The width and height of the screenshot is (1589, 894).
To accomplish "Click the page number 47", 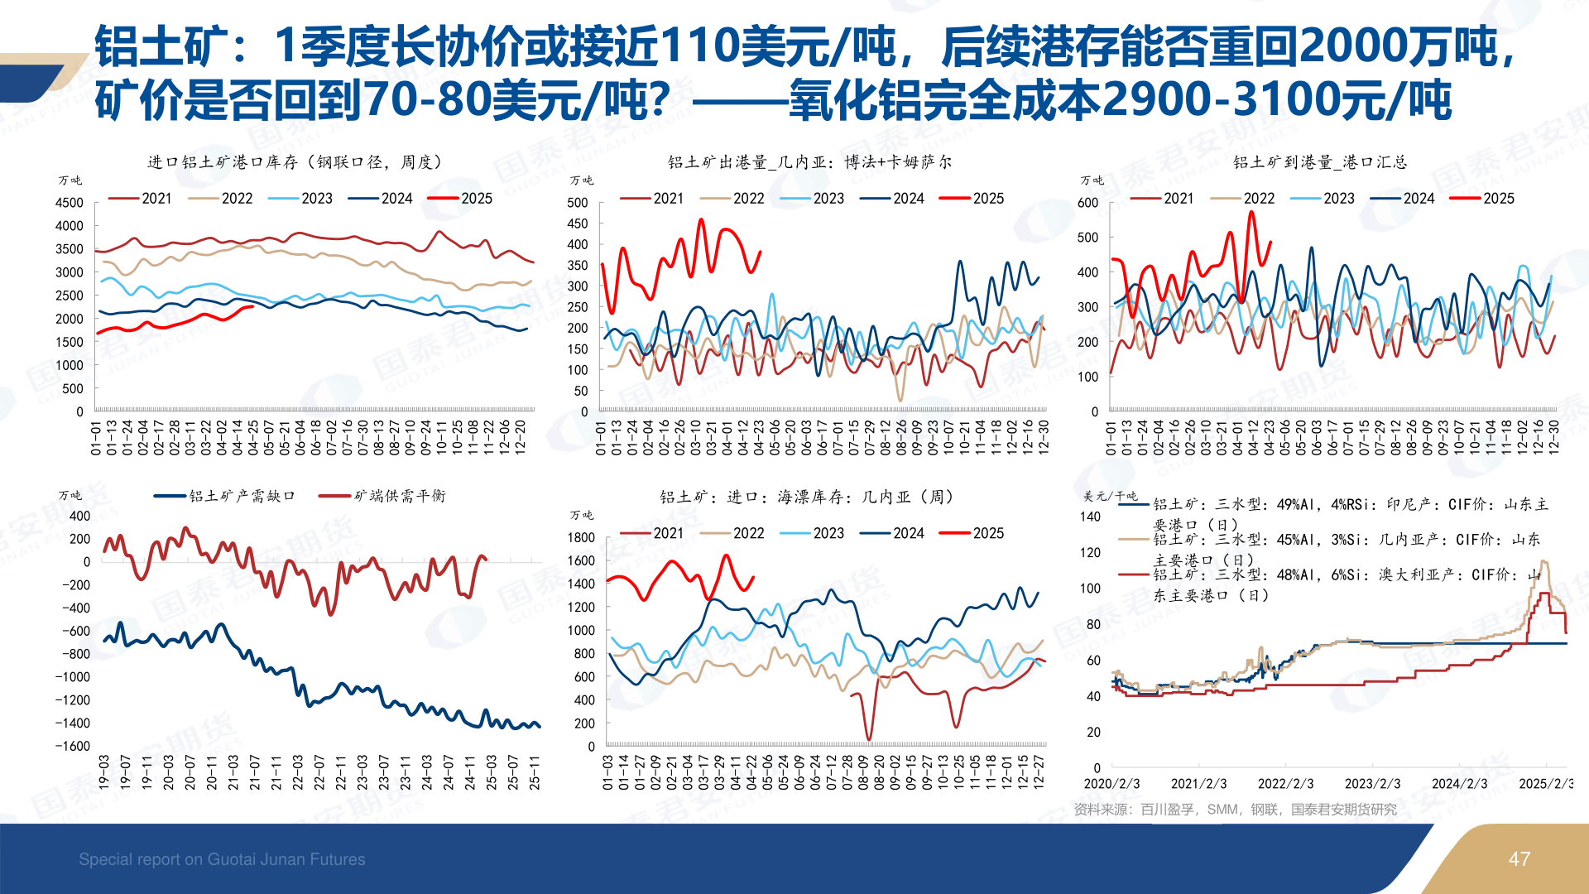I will pyautogui.click(x=1519, y=859).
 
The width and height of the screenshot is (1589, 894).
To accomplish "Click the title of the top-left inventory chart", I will pyautogui.click(x=295, y=162).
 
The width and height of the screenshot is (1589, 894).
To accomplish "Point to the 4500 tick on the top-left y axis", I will pyautogui.click(x=70, y=203).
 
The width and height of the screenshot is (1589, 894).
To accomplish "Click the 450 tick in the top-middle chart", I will pyautogui.click(x=578, y=223).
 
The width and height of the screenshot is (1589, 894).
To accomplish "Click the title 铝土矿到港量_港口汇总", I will pyautogui.click(x=1320, y=162).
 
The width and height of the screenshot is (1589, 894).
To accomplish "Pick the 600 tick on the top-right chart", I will pyautogui.click(x=1088, y=203).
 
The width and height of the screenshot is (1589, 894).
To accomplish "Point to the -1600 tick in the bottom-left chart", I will pyautogui.click(x=73, y=746).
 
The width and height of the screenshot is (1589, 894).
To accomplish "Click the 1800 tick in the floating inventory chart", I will pyautogui.click(x=581, y=538).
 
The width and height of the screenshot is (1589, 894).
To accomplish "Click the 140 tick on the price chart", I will pyautogui.click(x=1091, y=517).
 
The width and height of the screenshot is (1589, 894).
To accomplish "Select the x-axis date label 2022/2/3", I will pyautogui.click(x=1285, y=784).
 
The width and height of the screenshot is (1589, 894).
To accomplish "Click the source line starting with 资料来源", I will pyautogui.click(x=1235, y=810).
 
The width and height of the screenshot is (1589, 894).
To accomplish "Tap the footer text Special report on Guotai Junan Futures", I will pyautogui.click(x=222, y=859).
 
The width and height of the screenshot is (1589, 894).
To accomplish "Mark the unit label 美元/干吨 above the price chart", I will pyautogui.click(x=1111, y=497).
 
